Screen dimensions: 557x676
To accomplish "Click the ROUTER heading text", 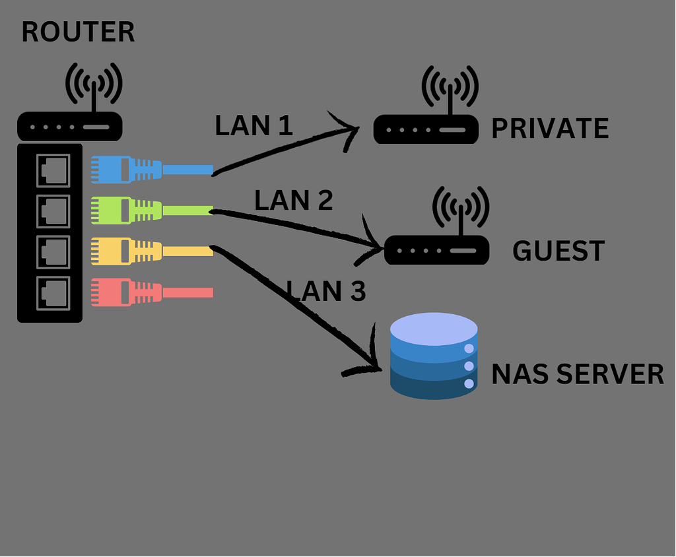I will pos(78,32).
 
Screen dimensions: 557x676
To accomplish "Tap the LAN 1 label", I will pos(253,125).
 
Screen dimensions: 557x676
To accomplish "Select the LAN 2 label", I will pos(293,201).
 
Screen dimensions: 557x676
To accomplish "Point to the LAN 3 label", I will pos(326,290).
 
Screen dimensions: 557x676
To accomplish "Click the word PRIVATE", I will pos(550,129).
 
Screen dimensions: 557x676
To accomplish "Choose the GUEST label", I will pos(558,251).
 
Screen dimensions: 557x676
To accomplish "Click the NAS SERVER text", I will pos(578,374).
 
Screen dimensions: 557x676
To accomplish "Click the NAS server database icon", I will pos(434,356).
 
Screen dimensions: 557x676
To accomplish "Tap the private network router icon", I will pos(426,129).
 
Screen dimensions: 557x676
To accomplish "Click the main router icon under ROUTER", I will pos(70,126).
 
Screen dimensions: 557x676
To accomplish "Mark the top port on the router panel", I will pos(53,170).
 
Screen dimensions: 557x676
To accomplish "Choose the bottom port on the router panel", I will pos(53,292).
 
